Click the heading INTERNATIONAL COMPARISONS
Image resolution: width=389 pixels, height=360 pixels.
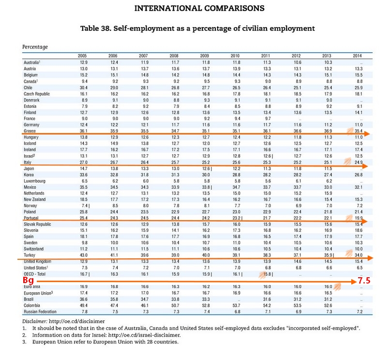pos(199,8)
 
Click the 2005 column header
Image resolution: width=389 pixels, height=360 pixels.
pos(83,56)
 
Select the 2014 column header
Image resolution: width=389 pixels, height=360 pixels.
pos(358,56)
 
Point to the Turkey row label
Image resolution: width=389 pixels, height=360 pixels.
pos(30,255)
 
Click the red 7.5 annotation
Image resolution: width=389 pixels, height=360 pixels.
pos(363,280)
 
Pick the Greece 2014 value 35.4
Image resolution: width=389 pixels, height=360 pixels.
pos(358,131)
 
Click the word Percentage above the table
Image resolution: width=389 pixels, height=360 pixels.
pos(35,47)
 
